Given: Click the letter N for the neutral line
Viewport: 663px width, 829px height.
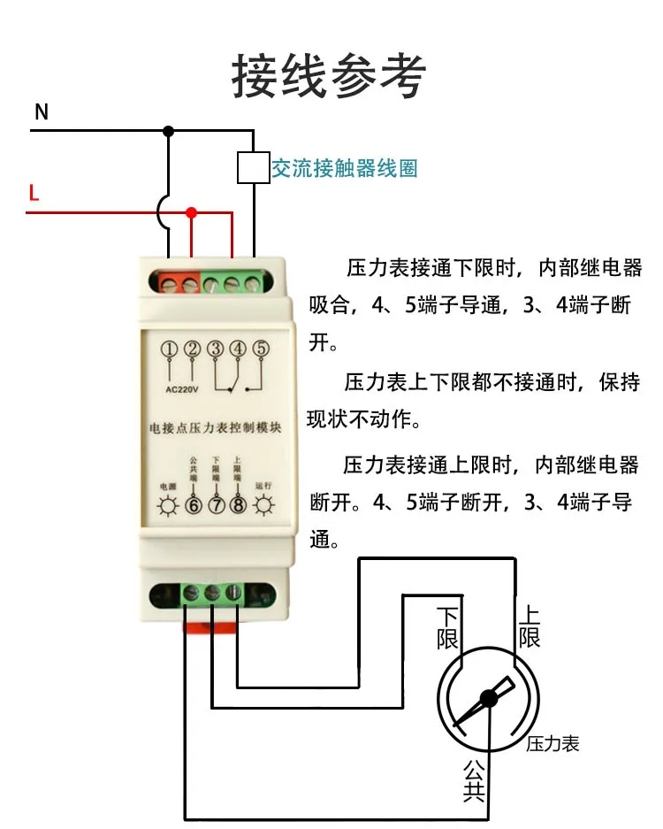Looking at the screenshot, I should click(41, 112).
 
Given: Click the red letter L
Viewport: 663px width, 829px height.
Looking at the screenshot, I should click(34, 193).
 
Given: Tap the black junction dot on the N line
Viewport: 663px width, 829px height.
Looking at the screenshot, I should click(169, 131).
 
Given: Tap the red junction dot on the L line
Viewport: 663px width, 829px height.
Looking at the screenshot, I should click(191, 212).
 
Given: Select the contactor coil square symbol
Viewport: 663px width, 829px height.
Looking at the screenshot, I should click(253, 167).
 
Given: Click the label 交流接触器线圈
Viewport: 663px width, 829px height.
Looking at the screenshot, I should click(344, 168).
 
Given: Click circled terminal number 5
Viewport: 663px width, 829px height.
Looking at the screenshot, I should click(260, 349).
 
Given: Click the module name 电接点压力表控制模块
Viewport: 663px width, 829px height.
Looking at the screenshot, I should click(215, 428).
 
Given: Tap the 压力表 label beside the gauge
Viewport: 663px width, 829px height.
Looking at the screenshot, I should click(552, 744).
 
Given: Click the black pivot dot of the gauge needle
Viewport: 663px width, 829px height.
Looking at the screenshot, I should click(487, 699).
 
